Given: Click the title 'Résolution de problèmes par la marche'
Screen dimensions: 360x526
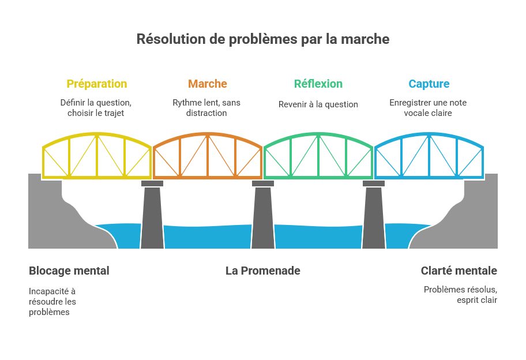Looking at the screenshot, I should (262, 39).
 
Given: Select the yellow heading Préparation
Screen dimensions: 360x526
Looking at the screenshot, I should (97, 84).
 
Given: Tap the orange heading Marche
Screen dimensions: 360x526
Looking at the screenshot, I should (208, 84).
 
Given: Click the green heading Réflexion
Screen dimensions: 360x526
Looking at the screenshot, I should (318, 84).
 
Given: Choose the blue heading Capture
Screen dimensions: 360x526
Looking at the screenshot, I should (429, 84).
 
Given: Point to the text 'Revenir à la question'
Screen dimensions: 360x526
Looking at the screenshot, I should (318, 104).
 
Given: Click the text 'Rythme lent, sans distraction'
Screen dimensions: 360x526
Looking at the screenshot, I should (206, 108).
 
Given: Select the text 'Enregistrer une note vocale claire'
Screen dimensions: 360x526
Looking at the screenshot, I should (428, 108).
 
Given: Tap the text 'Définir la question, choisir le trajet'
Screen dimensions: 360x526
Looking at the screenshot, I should (96, 108).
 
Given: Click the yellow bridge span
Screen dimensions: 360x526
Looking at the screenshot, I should (97, 156).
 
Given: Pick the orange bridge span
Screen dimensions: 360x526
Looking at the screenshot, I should (208, 156).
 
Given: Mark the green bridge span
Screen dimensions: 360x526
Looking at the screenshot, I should (318, 156).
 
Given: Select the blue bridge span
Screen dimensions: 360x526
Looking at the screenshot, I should (429, 156).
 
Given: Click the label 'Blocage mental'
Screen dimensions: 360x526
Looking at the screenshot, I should (69, 271).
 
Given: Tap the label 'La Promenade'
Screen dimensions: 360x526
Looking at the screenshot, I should (263, 271).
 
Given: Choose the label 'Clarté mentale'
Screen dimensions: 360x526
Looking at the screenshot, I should (459, 271).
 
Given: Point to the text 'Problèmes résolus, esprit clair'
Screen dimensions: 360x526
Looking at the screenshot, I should (460, 295).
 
